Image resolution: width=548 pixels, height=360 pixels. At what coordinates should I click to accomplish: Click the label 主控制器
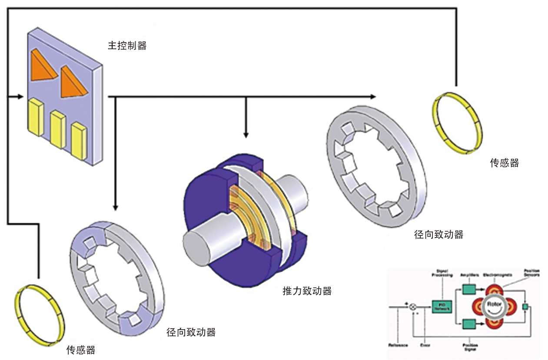(127, 46)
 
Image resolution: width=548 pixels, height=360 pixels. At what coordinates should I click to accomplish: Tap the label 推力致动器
(307, 291)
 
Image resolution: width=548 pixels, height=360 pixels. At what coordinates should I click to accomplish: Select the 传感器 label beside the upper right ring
(504, 163)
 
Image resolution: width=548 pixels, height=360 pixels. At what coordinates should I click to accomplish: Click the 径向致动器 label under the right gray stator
(438, 235)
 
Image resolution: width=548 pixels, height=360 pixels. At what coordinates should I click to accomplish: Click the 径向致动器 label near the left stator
(191, 333)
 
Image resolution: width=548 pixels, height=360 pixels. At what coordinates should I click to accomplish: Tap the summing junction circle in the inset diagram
(413, 307)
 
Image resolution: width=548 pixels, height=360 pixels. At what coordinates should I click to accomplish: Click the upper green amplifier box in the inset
(468, 289)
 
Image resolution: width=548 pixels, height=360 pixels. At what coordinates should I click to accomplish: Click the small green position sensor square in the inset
(525, 307)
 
